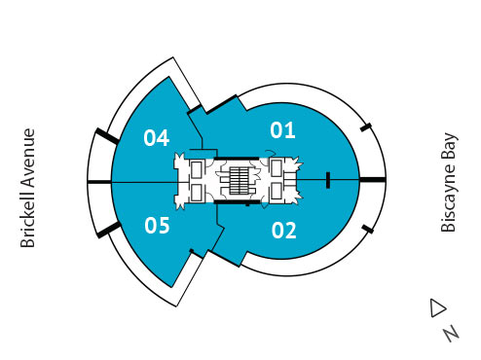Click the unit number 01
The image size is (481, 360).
[282, 128]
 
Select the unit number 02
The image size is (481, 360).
[283, 231]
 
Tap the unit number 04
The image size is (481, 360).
[157, 137]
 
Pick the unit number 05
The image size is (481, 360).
[157, 227]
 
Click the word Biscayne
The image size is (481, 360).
[449, 200]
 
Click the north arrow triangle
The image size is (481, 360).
[437, 308]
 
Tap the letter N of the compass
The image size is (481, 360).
[450, 333]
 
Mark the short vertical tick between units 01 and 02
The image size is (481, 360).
[328, 179]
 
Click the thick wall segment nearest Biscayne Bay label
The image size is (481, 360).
[373, 180]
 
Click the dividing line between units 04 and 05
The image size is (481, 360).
[146, 182]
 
